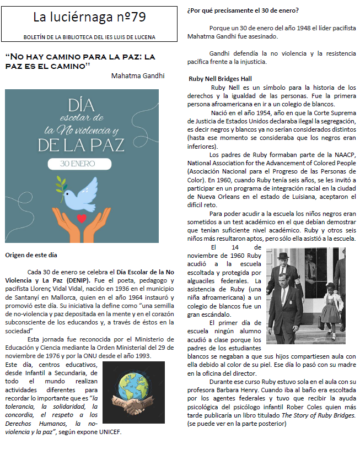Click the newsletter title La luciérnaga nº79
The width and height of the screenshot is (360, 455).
pos(89,18)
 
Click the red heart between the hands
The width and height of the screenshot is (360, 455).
pos(82,219)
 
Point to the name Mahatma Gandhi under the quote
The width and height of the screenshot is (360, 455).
pos(138,75)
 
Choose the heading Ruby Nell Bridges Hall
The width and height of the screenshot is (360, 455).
pos(219,79)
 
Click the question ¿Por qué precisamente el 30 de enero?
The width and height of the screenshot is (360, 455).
pos(243,10)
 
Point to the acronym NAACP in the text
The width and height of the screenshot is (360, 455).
pos(344,155)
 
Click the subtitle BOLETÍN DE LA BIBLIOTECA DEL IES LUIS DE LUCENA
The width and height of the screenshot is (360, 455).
pos(89,37)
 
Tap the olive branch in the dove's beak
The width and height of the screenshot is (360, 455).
pos(65,185)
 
